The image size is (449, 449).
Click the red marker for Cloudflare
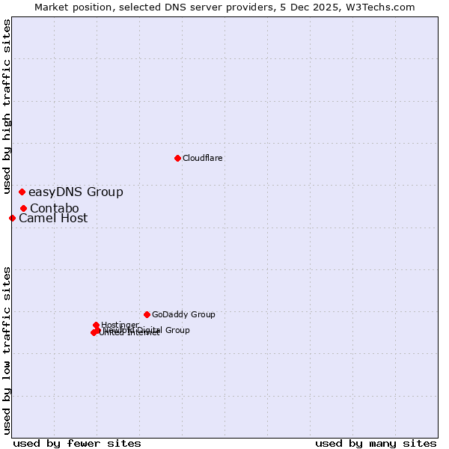coord(177,158)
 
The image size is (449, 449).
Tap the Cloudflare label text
coord(203,159)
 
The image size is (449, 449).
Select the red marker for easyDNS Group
coord(22,192)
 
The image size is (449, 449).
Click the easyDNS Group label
coord(76,192)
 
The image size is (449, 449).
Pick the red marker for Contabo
coord(24,208)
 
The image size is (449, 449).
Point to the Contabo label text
coord(55,208)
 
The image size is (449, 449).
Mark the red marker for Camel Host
coord(13,218)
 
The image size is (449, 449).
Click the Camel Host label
coord(53,219)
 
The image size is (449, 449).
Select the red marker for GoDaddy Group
coord(147,314)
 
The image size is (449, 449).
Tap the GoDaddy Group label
coord(183,315)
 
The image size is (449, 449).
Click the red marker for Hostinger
coord(97,325)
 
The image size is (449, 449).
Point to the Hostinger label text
coord(120,325)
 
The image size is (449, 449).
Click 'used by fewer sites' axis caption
coord(77,444)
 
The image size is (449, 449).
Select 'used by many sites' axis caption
coord(376,444)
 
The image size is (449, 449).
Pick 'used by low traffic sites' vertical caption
coord(7,349)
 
